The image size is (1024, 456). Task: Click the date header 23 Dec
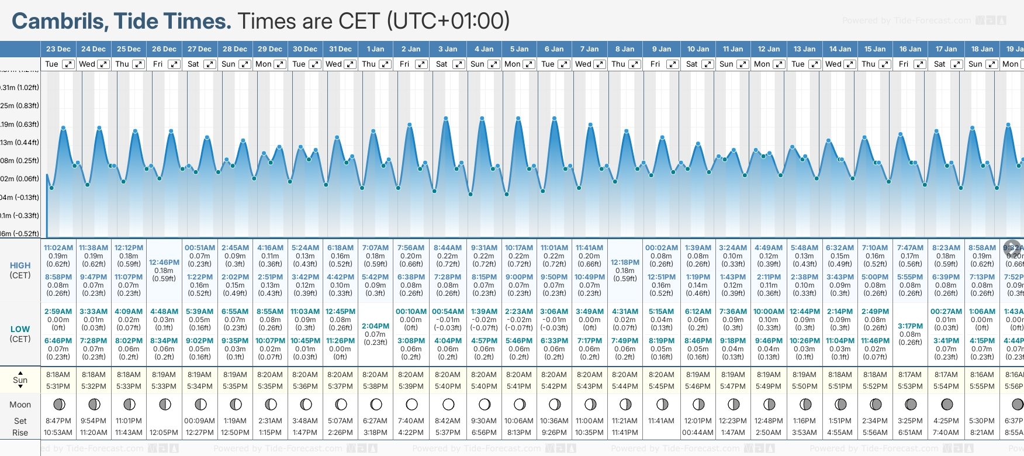(x=58, y=49)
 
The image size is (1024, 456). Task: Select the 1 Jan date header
(x=375, y=49)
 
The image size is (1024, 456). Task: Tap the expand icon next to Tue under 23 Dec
(x=68, y=64)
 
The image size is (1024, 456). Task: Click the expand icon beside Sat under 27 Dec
(x=209, y=64)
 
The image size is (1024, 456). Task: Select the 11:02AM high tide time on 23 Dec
(x=58, y=248)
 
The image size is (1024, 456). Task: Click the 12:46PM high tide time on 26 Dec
(x=164, y=262)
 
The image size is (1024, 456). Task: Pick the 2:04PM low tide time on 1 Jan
(x=375, y=326)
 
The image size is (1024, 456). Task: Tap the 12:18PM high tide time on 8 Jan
(x=625, y=262)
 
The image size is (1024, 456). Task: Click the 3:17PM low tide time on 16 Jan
(x=910, y=326)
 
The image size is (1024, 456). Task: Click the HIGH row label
(x=20, y=265)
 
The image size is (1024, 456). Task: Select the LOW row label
(x=20, y=329)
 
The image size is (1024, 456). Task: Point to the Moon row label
(x=20, y=405)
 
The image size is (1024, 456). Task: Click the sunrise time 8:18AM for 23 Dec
(x=58, y=375)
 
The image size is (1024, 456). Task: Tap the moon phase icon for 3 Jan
(x=448, y=404)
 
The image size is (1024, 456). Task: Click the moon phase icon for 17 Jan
(x=947, y=404)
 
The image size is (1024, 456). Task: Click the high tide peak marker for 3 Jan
(x=446, y=118)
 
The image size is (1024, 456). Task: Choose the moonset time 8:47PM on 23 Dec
(x=58, y=421)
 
